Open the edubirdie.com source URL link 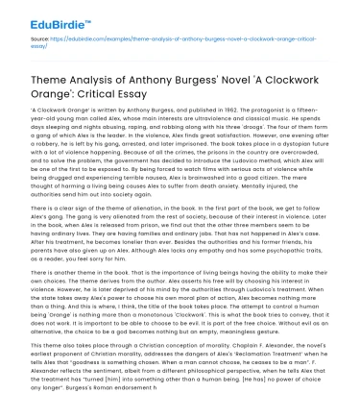pyautogui.click(x=173, y=47)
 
